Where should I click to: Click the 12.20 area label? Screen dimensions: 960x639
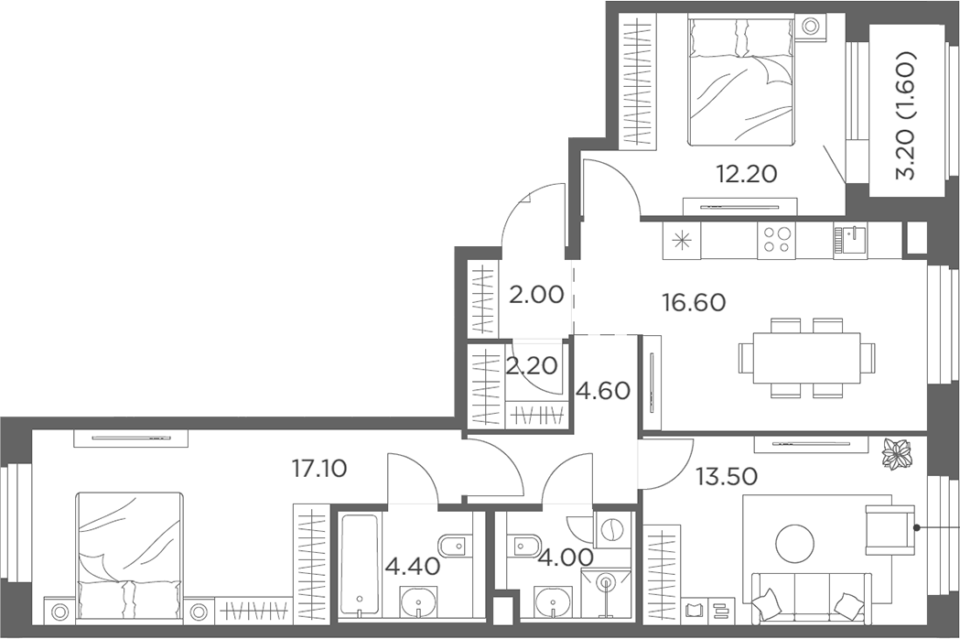(x=747, y=174)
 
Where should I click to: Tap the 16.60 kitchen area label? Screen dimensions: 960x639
(x=695, y=302)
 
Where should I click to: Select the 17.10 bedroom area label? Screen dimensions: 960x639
(x=319, y=470)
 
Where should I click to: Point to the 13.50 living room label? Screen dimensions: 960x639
(x=728, y=475)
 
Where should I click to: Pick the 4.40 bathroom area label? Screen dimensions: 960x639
(x=413, y=566)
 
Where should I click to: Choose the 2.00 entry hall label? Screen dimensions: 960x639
(x=536, y=296)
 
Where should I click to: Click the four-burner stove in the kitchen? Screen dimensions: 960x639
(x=776, y=240)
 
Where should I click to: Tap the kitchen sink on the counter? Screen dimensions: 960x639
(x=850, y=240)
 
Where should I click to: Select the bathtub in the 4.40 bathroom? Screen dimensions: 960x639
(x=360, y=568)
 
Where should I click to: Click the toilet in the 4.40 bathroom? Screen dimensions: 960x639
(x=454, y=545)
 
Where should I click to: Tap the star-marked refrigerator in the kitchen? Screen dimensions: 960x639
(x=682, y=240)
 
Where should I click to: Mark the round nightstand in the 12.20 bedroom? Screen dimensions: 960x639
(x=810, y=27)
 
